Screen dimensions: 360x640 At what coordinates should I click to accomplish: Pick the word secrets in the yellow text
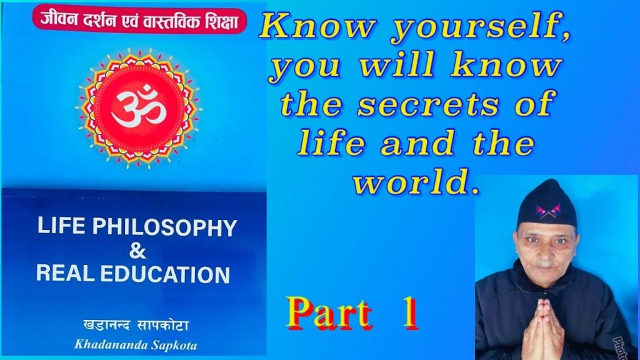pos(441,104)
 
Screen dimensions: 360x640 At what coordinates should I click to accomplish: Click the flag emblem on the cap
pos(547,211)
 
